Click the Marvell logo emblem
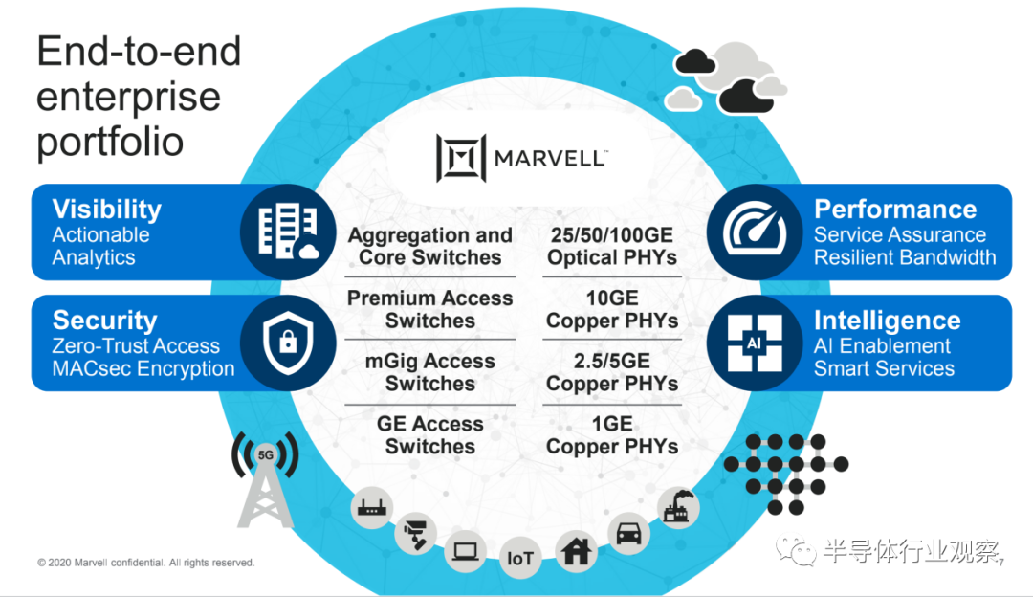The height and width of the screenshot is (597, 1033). pos(461,158)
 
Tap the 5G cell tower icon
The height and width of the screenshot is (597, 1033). pos(266,479)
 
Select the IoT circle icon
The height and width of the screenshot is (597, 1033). pos(519,558)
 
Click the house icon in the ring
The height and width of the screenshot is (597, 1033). pos(577,551)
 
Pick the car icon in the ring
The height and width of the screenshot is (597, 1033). pos(628,533)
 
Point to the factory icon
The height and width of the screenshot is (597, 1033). pos(678,508)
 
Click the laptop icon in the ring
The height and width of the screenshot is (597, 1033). pos(465,551)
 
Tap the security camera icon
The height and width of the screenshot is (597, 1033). pos(416,533)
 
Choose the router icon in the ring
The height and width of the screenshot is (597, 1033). pos(371,508)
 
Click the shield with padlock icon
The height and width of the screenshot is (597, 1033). pos(288,343)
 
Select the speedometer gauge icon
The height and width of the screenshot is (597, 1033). pos(755,232)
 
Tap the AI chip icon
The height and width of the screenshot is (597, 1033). pos(755,343)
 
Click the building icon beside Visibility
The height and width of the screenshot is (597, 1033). pos(288,231)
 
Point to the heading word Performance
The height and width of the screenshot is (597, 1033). pos(895,209)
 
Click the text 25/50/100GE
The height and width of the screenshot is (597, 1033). pos(612,235)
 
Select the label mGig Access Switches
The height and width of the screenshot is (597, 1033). pos(430,372)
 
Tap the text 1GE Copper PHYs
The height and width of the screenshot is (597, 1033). pos(612,435)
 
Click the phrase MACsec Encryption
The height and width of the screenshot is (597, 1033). pos(143,368)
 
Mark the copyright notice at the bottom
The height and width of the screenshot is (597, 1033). pos(145,563)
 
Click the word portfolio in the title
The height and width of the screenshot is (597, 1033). pos(110,142)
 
